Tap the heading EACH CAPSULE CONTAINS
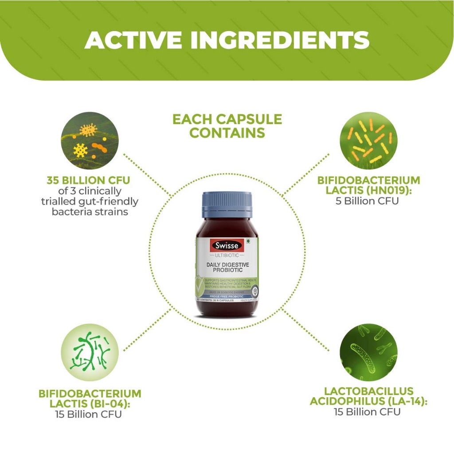coord(227,126)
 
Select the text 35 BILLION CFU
coord(89,181)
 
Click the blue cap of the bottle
coord(227,204)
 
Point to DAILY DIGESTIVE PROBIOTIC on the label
coord(227,267)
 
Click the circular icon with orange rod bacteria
coord(368,141)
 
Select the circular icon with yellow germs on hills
coord(90,141)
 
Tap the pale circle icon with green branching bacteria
coord(90,352)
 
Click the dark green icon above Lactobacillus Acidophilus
coord(368,352)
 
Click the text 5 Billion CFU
coord(368,201)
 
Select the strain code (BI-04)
coord(110,404)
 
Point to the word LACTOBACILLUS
coord(368,391)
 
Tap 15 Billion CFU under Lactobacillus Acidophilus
coord(368,412)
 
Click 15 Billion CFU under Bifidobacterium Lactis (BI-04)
coord(89,415)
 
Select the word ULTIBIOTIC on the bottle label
coord(227,255)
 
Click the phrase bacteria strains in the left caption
coord(90,211)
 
